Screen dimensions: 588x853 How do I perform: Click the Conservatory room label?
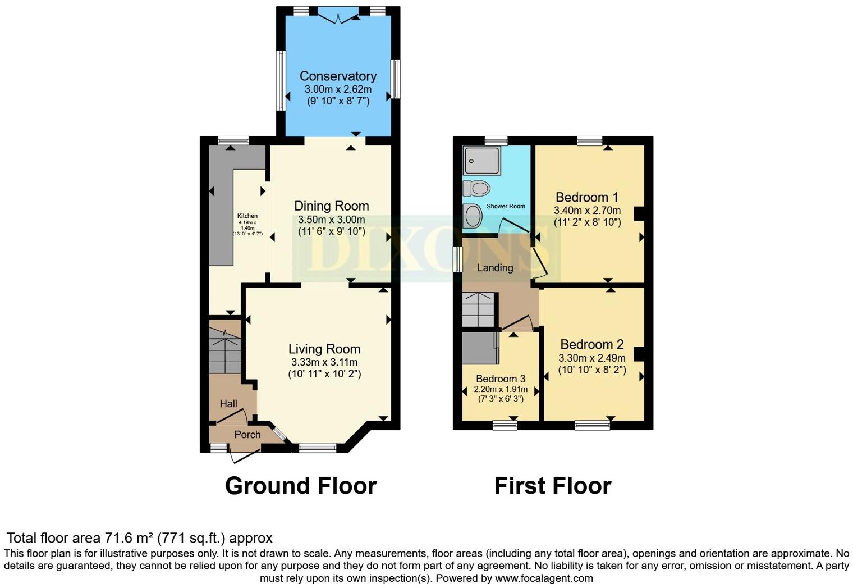tap(338, 76)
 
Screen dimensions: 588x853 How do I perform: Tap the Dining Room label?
tap(332, 206)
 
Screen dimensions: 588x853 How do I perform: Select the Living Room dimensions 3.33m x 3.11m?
tap(324, 362)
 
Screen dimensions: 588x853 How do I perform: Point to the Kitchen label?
tap(247, 216)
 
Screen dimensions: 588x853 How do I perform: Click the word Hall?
tap(228, 403)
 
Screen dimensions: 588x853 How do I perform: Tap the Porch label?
tap(247, 434)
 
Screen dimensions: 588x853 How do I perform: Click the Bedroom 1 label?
tap(587, 197)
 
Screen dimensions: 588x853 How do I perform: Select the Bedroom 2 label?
tap(592, 344)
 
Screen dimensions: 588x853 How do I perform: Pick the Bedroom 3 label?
tap(501, 379)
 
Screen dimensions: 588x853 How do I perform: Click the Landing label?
tap(495, 268)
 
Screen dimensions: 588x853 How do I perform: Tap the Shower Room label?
tap(506, 206)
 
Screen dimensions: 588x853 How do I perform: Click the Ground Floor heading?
tap(301, 486)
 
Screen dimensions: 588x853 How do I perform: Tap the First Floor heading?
tap(552, 486)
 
